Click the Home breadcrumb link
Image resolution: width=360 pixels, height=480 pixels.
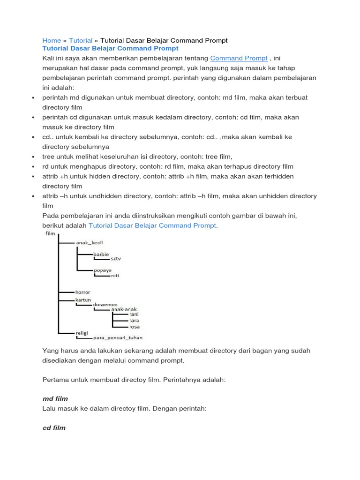[x=52, y=41]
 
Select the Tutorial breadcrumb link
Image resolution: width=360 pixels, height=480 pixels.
[x=81, y=41]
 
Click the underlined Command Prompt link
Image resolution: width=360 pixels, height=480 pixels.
[x=239, y=58]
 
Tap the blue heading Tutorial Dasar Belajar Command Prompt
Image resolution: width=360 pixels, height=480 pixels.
[x=110, y=48]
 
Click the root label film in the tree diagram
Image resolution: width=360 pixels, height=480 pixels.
[x=50, y=233]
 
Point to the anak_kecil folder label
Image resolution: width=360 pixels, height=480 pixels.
[x=89, y=242]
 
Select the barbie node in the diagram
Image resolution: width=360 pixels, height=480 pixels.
[x=101, y=254]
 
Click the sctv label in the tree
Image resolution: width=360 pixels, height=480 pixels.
[x=116, y=259]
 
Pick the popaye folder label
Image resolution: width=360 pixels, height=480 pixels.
[x=103, y=270]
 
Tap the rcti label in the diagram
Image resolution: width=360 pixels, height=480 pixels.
[x=115, y=276]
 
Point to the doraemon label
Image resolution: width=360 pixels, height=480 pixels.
[x=105, y=305]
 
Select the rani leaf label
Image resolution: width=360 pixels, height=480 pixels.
[x=134, y=315]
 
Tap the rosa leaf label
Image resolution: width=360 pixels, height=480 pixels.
[x=134, y=326]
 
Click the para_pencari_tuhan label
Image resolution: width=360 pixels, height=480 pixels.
[x=118, y=337]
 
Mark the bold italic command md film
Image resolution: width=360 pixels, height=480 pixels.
[x=55, y=398]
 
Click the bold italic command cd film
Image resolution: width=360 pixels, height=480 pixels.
[x=54, y=428]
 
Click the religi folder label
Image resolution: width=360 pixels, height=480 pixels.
[x=82, y=332]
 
